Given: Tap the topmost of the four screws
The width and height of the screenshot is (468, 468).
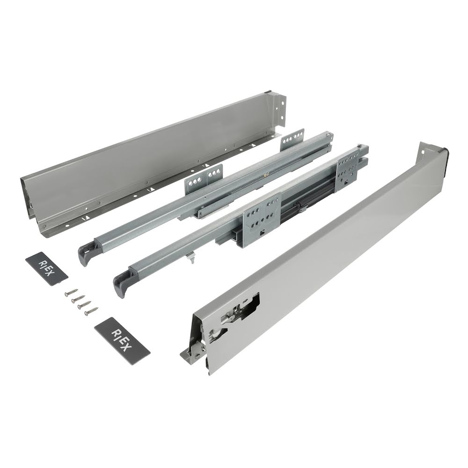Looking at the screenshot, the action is (71, 292).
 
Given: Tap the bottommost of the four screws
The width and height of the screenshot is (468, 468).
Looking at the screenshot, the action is (91, 311).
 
